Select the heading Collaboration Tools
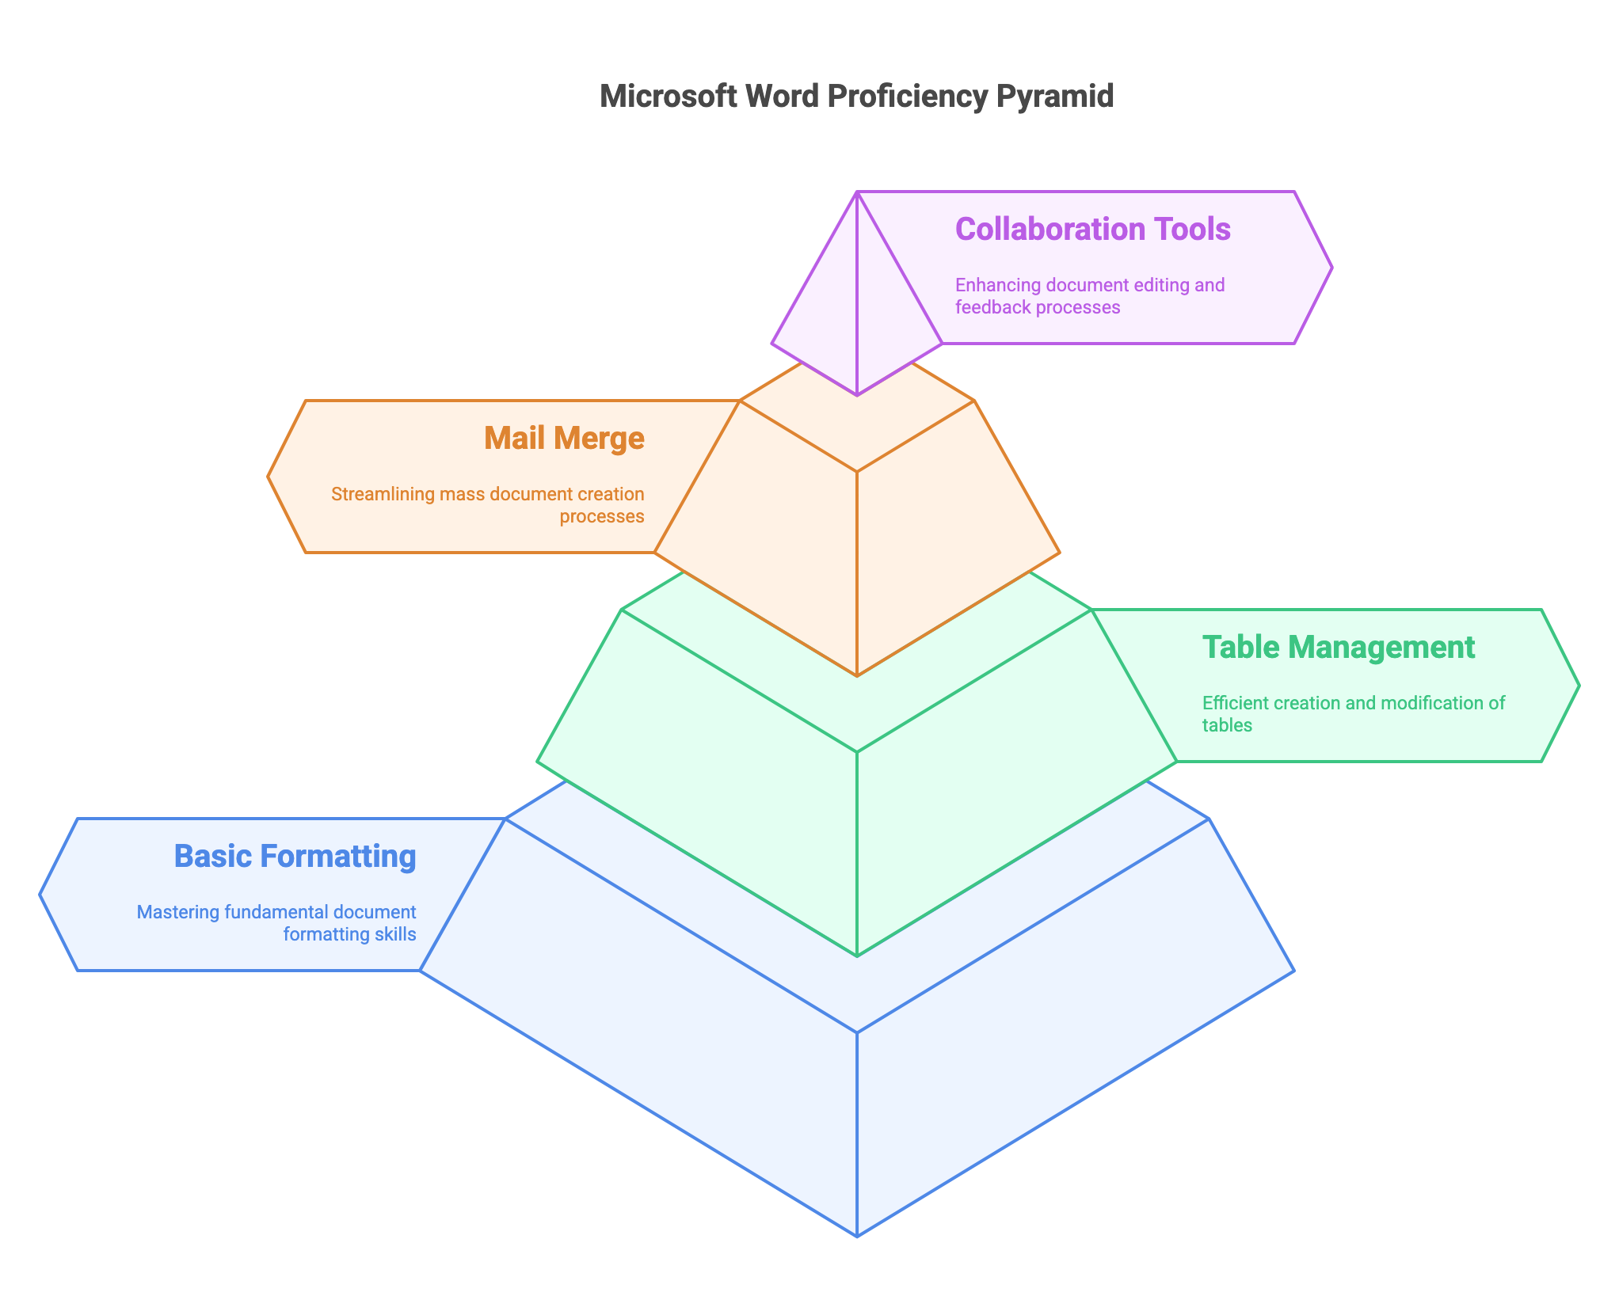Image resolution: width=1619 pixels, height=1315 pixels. coord(1092,229)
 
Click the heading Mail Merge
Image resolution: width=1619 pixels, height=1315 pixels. coord(564,438)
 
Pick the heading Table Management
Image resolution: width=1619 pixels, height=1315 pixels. coord(1338,647)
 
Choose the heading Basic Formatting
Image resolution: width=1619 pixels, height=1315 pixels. coord(295,856)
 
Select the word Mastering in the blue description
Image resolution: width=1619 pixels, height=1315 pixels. coord(179,912)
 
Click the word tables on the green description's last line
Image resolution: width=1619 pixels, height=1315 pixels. coord(1227,725)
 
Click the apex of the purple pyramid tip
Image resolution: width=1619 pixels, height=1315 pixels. coord(857,192)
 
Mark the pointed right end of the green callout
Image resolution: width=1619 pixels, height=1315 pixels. coord(1579,686)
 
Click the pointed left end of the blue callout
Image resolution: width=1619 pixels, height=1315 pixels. coord(40,895)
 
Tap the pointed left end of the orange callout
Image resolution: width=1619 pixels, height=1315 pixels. coord(269,477)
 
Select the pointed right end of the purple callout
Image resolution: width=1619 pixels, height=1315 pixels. coord(1331,268)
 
